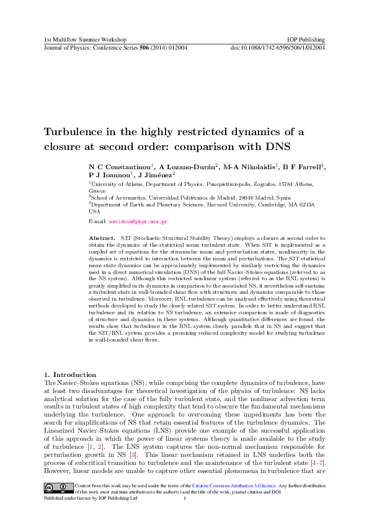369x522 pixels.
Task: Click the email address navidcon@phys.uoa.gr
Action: (138, 221)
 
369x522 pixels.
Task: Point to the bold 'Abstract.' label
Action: (102, 238)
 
